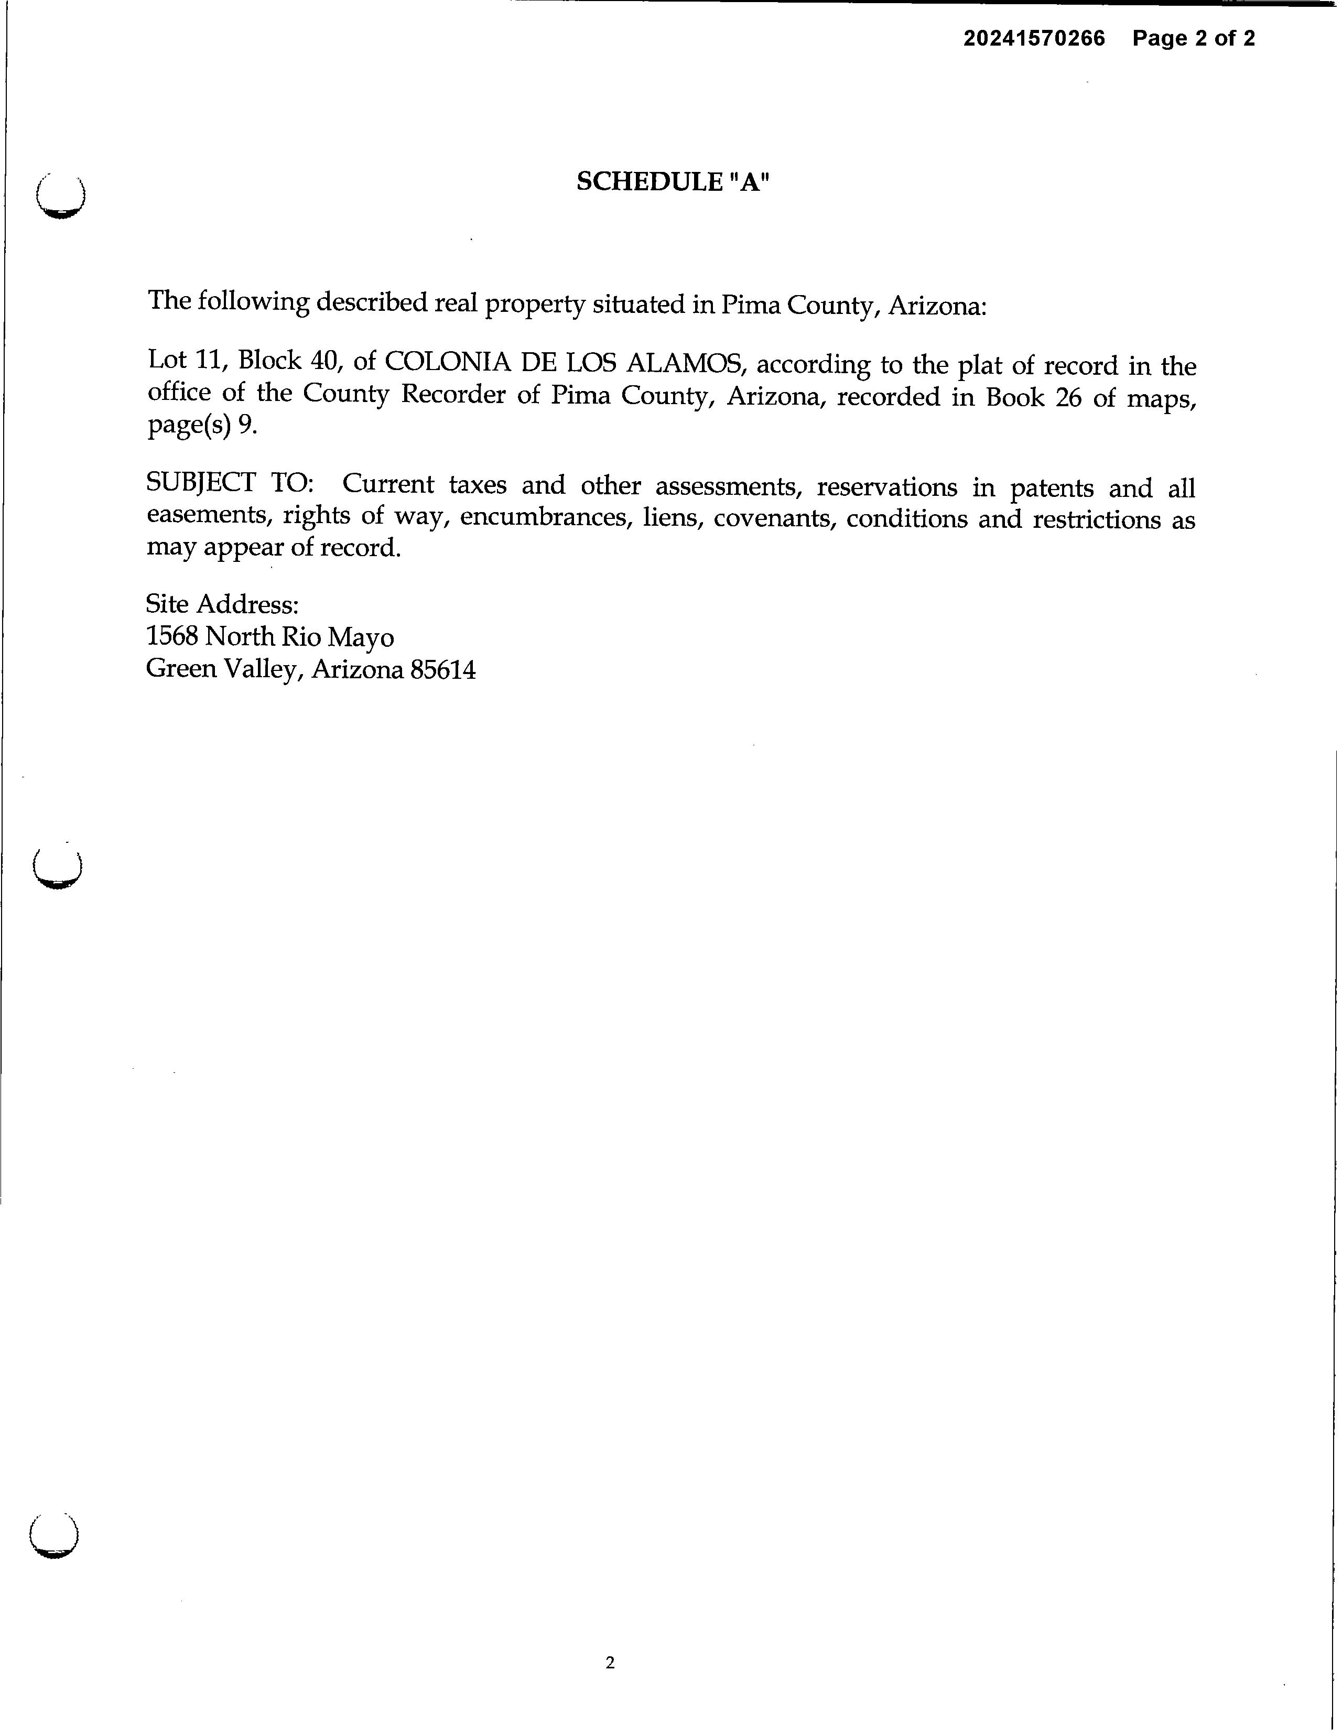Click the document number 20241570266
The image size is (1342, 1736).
(1034, 38)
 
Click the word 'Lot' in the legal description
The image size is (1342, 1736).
(166, 359)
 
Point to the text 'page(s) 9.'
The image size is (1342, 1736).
(203, 426)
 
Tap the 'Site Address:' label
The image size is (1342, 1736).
(223, 604)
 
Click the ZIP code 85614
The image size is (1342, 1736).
(443, 670)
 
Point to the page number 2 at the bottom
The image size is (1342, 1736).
(610, 1662)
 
